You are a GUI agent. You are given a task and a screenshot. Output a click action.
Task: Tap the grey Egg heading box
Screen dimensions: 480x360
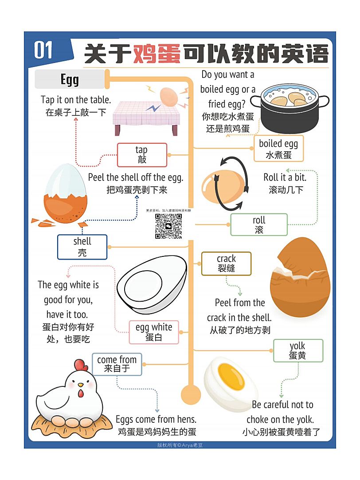(70, 79)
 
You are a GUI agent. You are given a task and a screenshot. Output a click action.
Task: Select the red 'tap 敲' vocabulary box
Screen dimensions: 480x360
(142, 155)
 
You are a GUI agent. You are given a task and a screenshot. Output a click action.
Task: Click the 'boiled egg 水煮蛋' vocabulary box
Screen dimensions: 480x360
(278, 149)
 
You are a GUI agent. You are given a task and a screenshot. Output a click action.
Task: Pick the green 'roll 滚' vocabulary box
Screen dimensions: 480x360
(259, 225)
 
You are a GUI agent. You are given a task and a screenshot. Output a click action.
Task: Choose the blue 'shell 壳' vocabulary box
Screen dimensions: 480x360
(82, 247)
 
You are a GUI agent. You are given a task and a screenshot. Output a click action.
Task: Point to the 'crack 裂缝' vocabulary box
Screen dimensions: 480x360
(226, 264)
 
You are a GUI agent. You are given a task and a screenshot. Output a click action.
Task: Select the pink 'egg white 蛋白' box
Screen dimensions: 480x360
(154, 332)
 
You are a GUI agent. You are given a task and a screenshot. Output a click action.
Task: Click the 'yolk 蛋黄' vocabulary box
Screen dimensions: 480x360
(297, 350)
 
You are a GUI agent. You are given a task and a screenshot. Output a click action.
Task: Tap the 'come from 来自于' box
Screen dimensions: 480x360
(117, 364)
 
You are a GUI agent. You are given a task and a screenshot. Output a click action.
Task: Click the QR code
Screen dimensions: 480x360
(168, 226)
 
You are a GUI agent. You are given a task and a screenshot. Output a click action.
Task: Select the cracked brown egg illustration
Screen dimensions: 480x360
(300, 279)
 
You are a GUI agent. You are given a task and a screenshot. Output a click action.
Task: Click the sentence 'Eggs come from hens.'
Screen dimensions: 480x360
(156, 419)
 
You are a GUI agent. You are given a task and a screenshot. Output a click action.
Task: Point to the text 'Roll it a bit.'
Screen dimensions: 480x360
(285, 177)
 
